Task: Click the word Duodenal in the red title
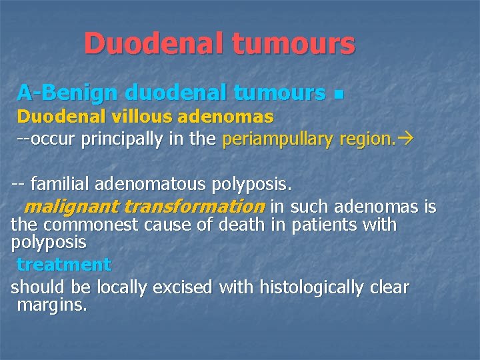(x=152, y=44)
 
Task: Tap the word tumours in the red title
(x=293, y=44)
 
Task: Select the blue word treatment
(x=64, y=265)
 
